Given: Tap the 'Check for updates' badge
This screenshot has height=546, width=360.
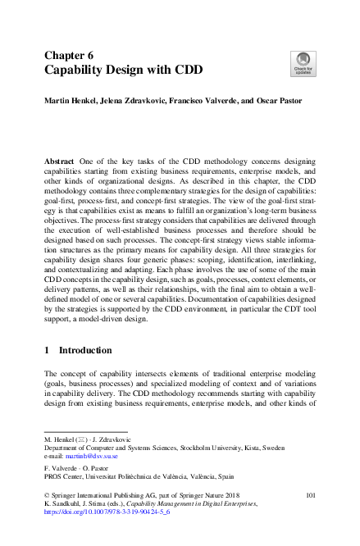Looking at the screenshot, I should (303, 61).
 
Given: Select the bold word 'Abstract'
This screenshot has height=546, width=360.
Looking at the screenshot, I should (61, 164).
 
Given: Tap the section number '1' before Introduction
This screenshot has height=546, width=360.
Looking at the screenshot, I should (46, 351).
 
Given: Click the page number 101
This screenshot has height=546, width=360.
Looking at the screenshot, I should (310, 495).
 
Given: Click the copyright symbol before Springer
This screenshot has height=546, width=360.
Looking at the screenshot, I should (46, 495).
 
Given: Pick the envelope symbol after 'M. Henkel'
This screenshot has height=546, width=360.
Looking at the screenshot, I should (80, 439).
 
